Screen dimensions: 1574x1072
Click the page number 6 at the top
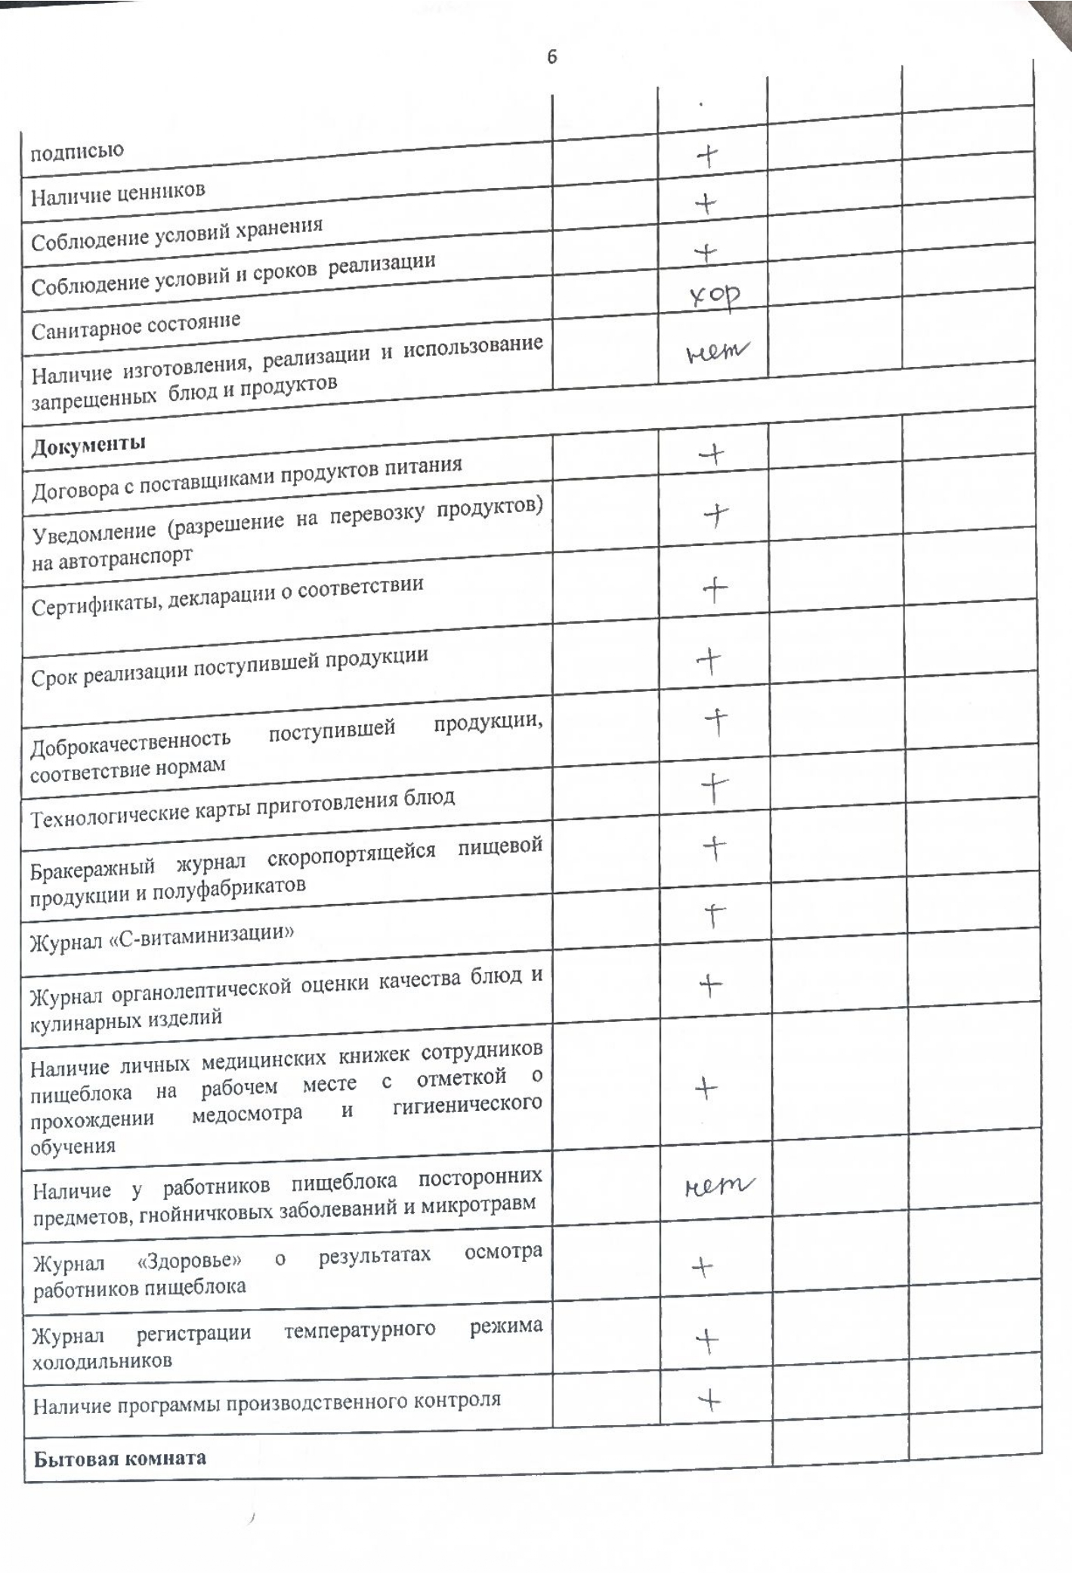pyautogui.click(x=552, y=57)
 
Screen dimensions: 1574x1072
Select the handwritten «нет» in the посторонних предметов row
pyautogui.click(x=718, y=1188)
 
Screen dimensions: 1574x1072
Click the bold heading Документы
pyautogui.click(x=88, y=444)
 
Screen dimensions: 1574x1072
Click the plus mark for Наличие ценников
pyautogui.click(x=706, y=203)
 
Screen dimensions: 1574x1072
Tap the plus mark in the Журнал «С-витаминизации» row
pyautogui.click(x=715, y=916)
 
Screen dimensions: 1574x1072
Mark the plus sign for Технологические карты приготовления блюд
pyautogui.click(x=714, y=790)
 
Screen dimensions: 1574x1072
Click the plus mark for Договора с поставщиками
pyautogui.click(x=712, y=454)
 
